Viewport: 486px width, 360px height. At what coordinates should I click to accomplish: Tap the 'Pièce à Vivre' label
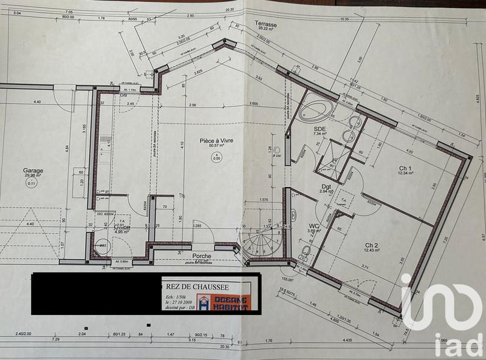click(217, 140)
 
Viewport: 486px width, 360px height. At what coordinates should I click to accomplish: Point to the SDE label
click(320, 128)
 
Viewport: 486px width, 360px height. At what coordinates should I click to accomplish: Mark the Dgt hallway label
click(327, 186)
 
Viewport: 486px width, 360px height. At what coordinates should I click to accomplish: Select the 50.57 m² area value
click(217, 146)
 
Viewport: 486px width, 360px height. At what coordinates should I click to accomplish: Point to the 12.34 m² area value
click(406, 174)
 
